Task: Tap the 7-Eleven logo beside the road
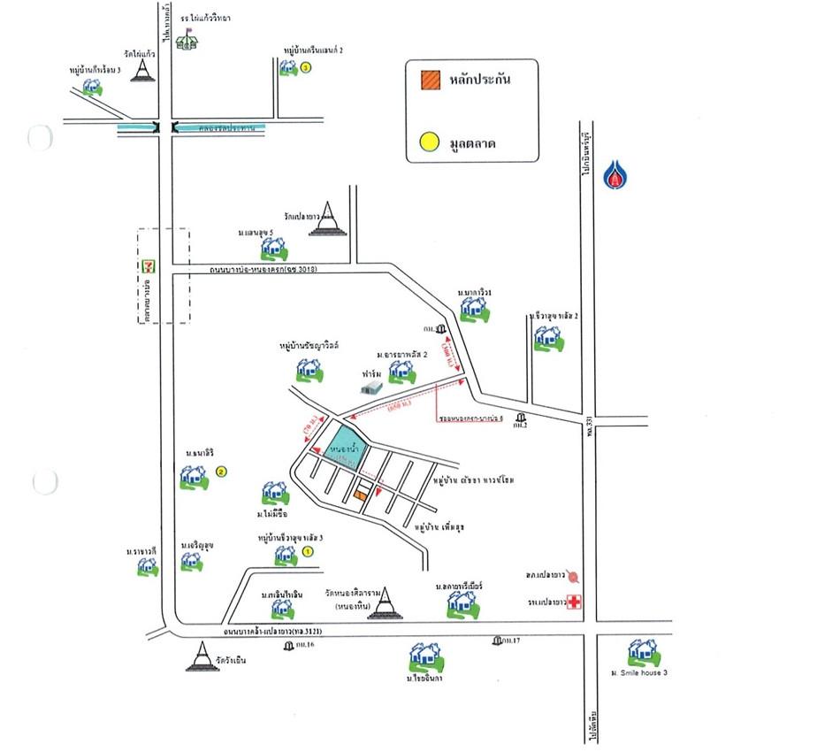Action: (149, 265)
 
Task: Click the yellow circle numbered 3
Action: (306, 67)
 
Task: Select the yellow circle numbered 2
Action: (221, 472)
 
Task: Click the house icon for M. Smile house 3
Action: (642, 654)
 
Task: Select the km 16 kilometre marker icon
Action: (289, 647)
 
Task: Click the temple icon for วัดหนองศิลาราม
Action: (383, 603)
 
